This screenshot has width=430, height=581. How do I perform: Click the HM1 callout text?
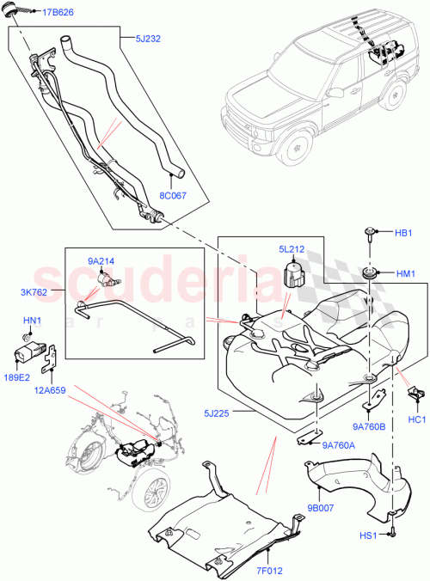click(405, 273)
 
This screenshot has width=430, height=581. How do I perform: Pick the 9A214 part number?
click(101, 260)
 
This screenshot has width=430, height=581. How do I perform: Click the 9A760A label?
click(339, 444)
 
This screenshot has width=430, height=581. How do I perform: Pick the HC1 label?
click(418, 419)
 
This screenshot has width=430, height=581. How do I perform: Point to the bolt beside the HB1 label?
click(371, 233)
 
